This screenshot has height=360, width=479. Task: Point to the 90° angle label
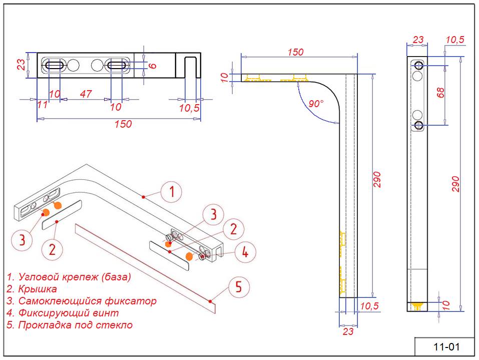(x=316, y=104)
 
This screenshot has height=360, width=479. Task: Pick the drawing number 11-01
(x=445, y=346)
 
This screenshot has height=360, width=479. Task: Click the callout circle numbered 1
(x=171, y=192)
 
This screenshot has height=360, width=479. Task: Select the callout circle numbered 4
(x=245, y=252)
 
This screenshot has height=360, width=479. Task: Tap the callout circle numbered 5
(x=238, y=287)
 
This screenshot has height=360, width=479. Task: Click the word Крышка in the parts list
(x=38, y=289)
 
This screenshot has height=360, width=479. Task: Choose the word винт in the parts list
(x=109, y=313)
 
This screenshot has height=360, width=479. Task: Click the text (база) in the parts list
(x=116, y=277)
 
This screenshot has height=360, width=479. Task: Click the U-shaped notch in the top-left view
(x=190, y=67)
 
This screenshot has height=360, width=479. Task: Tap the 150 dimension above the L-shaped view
(x=295, y=52)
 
